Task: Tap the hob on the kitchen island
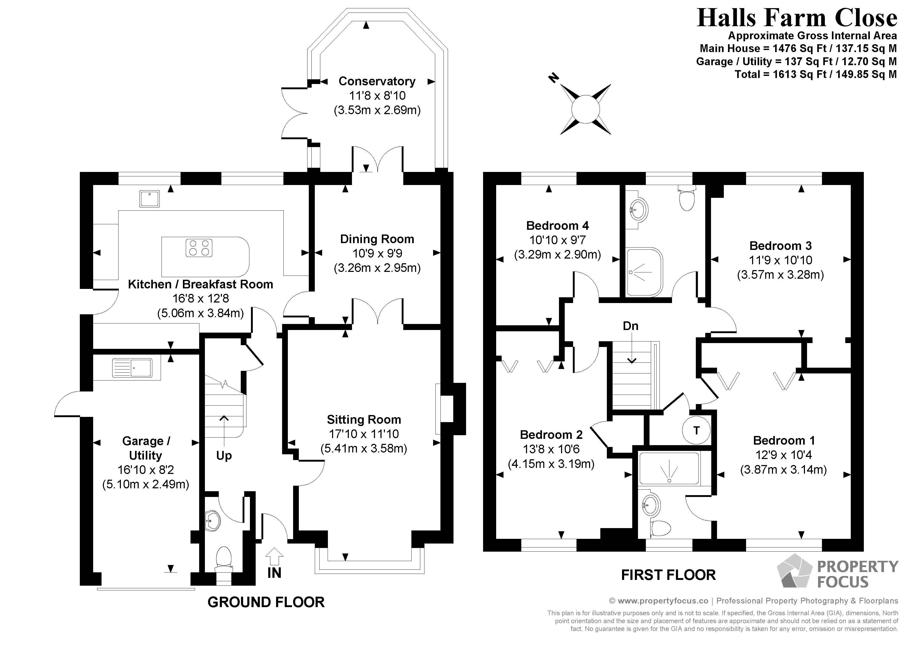[x=199, y=248]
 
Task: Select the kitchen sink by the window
[x=149, y=199]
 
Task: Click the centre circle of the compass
[x=586, y=109]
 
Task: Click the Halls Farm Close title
[x=797, y=18]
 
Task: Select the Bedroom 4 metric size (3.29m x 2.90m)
[x=557, y=254]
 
